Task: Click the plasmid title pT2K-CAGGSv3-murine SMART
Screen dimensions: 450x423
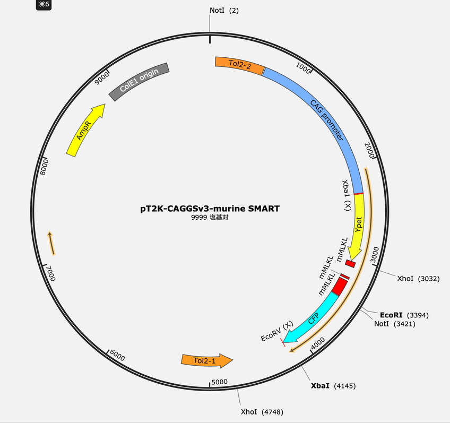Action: [x=210, y=209]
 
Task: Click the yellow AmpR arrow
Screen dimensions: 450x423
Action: [x=85, y=131]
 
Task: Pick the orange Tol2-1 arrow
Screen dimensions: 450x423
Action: [x=206, y=360]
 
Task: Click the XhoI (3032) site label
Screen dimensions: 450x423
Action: [x=418, y=279]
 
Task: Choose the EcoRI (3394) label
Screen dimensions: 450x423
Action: [x=404, y=315]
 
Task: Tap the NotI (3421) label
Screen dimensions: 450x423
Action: [x=395, y=324]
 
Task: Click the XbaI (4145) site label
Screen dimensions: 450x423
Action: [x=333, y=386]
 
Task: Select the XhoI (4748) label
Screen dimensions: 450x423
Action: [x=262, y=412]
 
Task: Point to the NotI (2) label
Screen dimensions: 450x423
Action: [x=224, y=10]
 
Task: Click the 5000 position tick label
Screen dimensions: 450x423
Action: [x=220, y=382]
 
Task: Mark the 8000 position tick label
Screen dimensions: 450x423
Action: [x=44, y=167]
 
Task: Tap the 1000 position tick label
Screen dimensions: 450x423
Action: [x=303, y=68]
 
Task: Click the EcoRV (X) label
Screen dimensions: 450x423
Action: [x=277, y=331]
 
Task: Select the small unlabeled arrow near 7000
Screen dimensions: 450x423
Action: [x=51, y=243]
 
